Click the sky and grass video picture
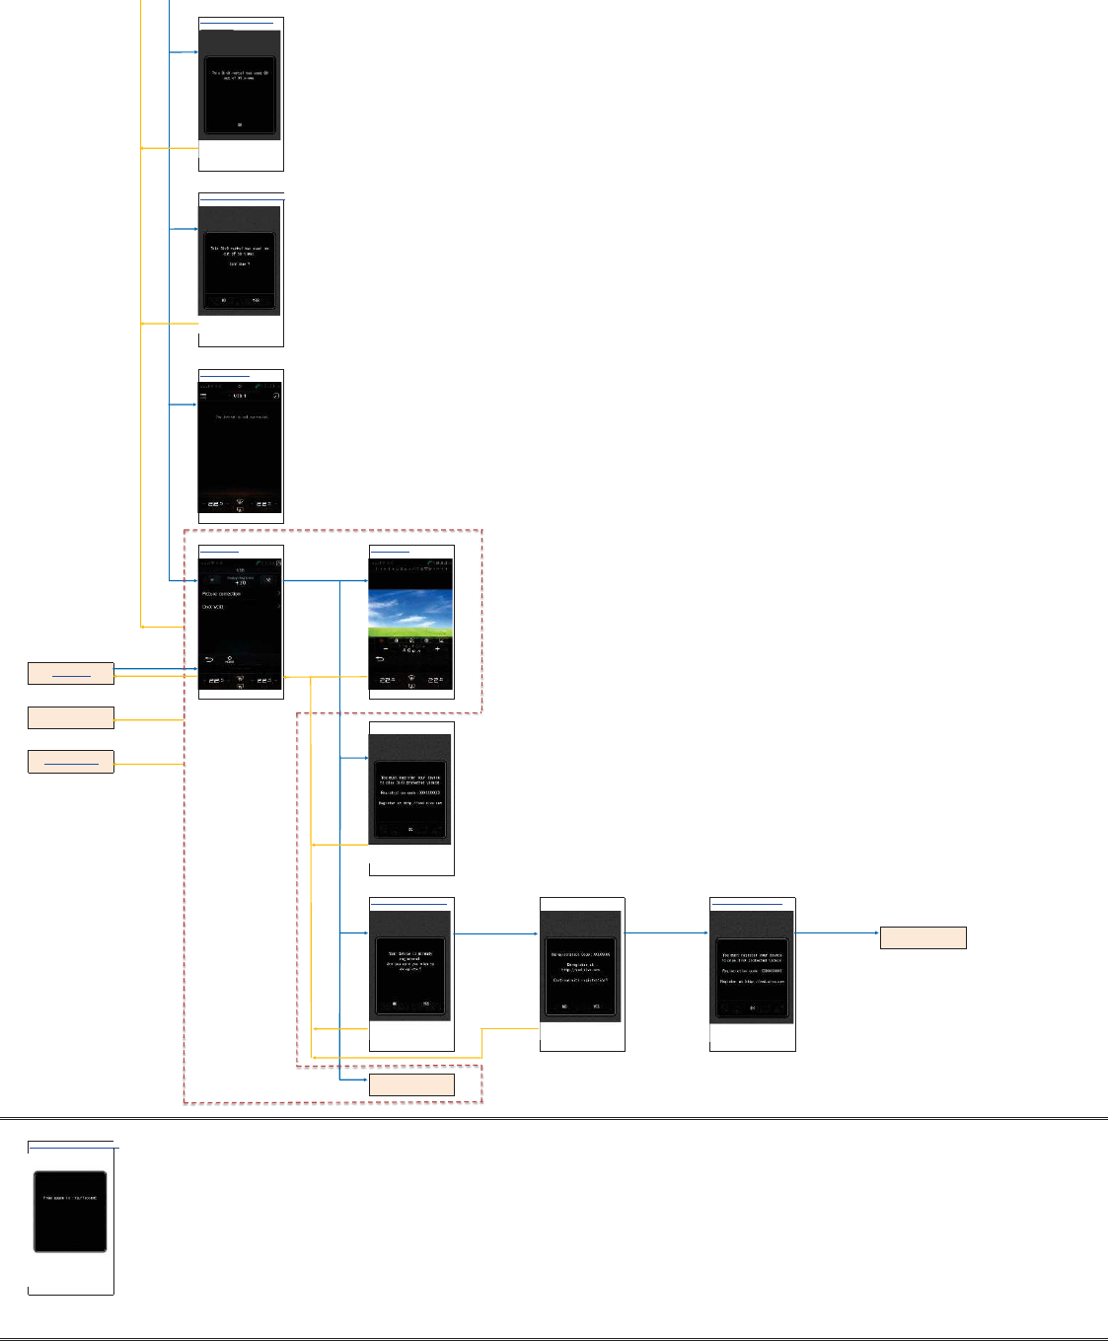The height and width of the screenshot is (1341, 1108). coord(410,607)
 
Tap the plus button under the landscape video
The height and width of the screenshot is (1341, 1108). coord(438,649)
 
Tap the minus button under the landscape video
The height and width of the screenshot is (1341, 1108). coord(386,649)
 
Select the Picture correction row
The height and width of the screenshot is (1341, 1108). coord(222,594)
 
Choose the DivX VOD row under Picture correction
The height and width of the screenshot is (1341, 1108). coord(214,607)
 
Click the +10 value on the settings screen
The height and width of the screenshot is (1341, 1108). coord(241,582)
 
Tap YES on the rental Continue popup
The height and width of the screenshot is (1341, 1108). coord(256,300)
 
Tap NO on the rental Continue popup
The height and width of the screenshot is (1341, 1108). coord(224,300)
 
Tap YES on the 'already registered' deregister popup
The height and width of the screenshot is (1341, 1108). coord(426,1004)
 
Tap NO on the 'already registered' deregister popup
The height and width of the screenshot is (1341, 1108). coord(395,1004)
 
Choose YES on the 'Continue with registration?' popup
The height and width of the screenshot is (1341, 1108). coord(597,1006)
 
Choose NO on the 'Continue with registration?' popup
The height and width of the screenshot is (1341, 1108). coord(565,1006)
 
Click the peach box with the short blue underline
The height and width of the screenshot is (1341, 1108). coord(71,674)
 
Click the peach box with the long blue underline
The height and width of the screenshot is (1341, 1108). coord(71,762)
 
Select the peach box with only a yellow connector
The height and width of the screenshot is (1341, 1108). coord(71,717)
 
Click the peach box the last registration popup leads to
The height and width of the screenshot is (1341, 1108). coord(923,937)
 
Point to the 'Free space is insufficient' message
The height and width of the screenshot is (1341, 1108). coord(69,1198)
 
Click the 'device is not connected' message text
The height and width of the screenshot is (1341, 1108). coord(241,417)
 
